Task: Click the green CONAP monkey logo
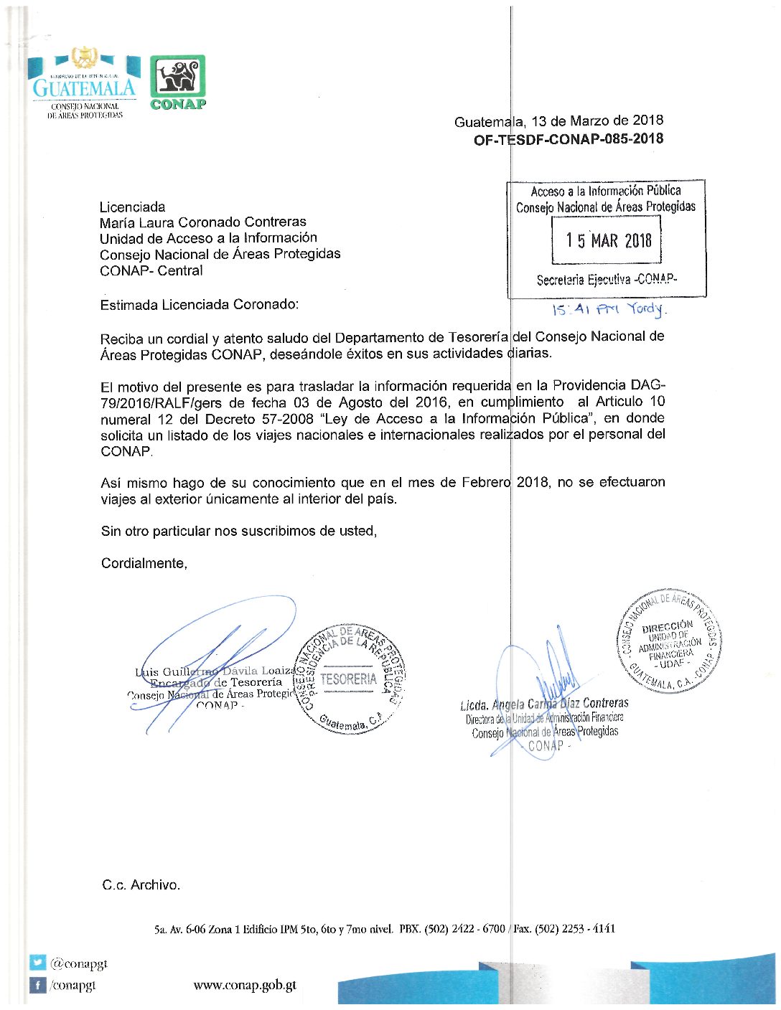177,77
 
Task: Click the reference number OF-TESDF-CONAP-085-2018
568,139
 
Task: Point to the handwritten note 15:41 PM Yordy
608,309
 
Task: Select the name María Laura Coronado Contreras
203,222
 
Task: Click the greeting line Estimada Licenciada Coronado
199,305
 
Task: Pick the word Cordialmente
144,564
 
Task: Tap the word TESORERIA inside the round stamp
348,679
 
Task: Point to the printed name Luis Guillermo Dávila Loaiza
215,671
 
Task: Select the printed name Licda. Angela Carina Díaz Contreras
544,704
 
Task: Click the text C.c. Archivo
141,885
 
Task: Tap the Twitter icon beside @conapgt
37,963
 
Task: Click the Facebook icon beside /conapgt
37,985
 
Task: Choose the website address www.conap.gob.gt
245,985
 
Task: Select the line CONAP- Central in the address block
151,271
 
